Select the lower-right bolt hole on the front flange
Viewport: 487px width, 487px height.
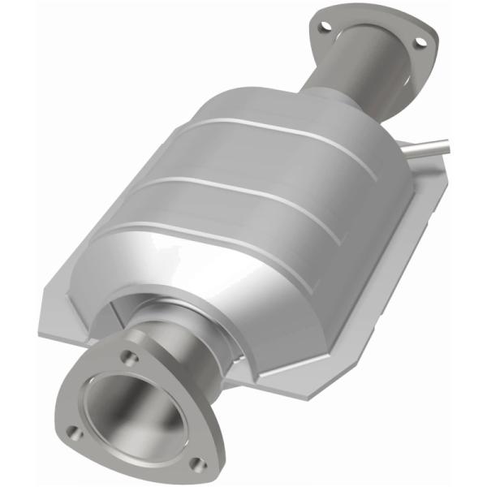click(x=195, y=463)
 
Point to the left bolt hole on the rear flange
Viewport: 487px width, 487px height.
click(x=325, y=27)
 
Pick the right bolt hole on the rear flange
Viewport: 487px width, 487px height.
click(x=420, y=41)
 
